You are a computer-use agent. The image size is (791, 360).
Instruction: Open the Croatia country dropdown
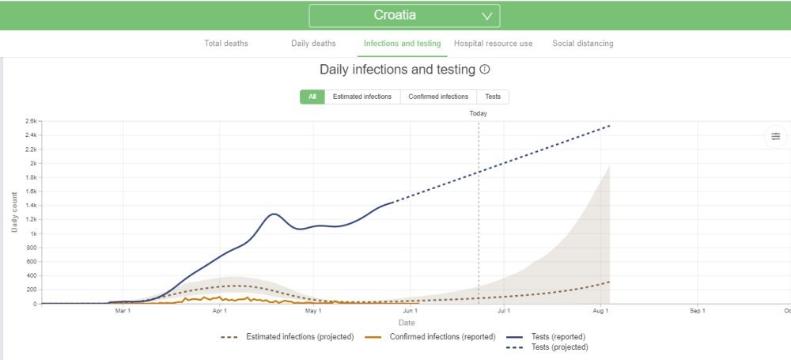coord(403,16)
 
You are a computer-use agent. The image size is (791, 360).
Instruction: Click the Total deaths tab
coord(226,44)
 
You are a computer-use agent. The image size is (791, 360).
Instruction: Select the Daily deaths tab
coord(313,44)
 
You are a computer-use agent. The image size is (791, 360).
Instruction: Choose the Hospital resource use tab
coord(493,44)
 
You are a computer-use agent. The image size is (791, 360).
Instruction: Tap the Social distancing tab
coord(582,44)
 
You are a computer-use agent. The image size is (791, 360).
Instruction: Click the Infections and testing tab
coord(402,44)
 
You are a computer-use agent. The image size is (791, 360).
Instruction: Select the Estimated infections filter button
coord(361,97)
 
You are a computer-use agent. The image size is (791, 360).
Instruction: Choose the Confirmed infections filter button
coord(438,97)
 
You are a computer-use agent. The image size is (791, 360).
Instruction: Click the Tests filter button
coord(493,97)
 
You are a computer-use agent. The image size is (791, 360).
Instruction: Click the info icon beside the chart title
coord(484,70)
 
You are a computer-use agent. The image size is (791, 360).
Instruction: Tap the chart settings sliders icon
coord(775,136)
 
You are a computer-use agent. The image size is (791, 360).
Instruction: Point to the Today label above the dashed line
coord(478,113)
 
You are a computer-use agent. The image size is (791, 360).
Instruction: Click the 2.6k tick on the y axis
coord(31,121)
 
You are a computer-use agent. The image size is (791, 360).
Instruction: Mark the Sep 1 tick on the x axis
coord(697,312)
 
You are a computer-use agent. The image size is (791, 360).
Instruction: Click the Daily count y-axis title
coord(15,212)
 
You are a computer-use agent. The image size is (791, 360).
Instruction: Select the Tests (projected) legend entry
coord(560,347)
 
